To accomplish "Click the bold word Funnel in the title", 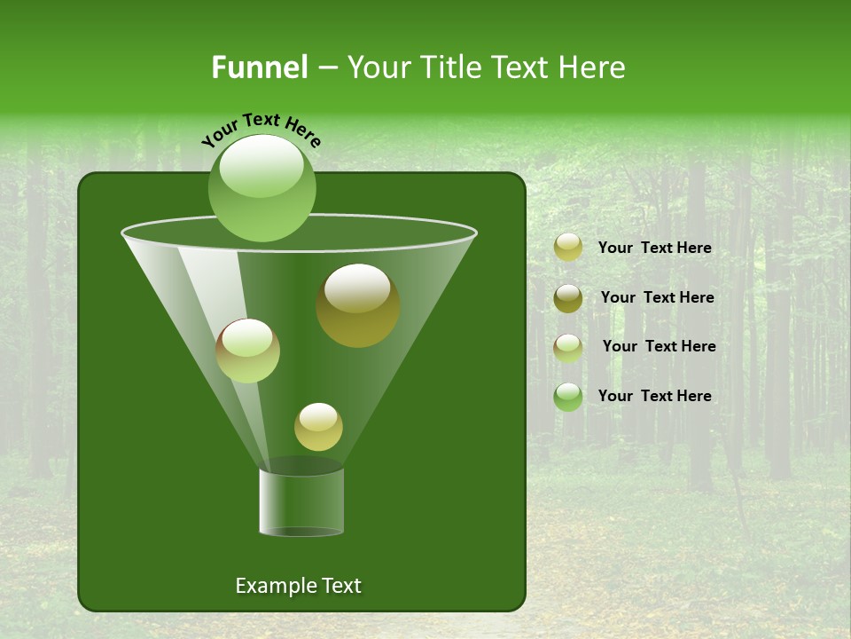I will coord(259,67).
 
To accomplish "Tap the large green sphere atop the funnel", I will coord(262,188).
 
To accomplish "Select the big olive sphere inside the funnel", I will coord(357,305).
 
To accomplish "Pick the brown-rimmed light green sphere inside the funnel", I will coord(247,351).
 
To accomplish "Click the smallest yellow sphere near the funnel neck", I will coord(318,427).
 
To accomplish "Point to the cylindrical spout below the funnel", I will coord(301,501).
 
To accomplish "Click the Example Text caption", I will coord(298,586).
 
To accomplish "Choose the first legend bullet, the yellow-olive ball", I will coord(568,248).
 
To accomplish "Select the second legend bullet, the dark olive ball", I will coord(568,298).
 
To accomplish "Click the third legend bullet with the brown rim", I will coord(568,348).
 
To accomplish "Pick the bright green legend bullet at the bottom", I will coord(568,397).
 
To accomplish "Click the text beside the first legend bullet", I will coord(654,248).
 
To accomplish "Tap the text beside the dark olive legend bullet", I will coord(657,298).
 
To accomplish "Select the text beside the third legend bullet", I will coord(659,347).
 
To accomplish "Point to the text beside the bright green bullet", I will coord(654,397).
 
